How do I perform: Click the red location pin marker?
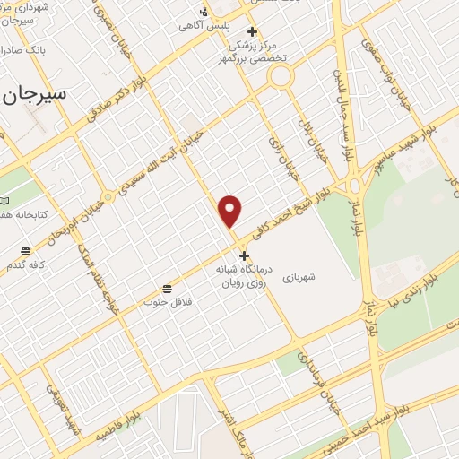tap(230, 211)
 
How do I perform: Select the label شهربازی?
tap(300, 278)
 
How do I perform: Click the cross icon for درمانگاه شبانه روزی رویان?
tap(244, 255)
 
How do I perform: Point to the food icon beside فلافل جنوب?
tap(167, 288)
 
